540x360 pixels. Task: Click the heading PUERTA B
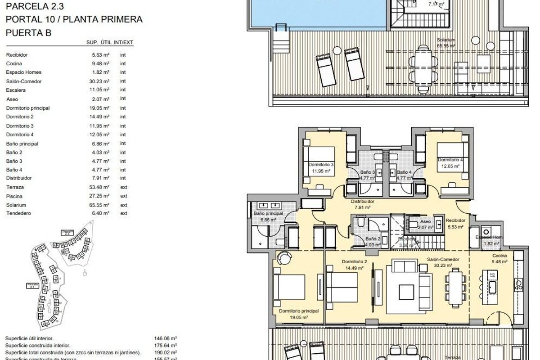(x=29, y=32)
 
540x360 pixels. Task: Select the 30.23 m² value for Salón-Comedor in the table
(x=100, y=81)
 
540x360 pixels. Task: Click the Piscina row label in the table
(x=14, y=196)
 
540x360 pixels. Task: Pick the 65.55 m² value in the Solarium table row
(x=100, y=205)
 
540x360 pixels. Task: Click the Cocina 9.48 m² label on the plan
(x=499, y=258)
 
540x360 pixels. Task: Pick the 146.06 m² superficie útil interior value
(x=166, y=338)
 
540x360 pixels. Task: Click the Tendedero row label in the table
(x=18, y=213)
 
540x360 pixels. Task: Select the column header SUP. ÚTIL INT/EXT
(x=110, y=42)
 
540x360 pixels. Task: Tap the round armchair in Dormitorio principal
(x=284, y=259)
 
